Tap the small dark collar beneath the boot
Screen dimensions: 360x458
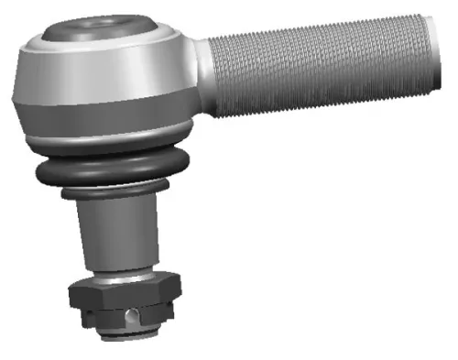115,194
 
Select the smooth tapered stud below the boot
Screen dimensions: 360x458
120,234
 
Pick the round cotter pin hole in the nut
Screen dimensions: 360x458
135,317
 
